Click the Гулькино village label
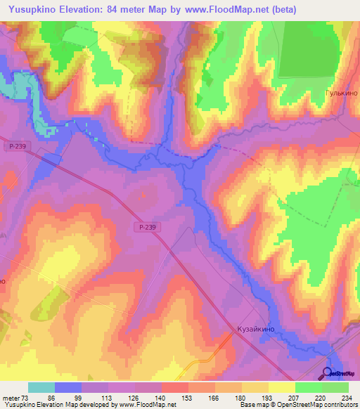pyautogui.click(x=341, y=93)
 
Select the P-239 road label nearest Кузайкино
pyautogui.click(x=147, y=226)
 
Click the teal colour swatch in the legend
pyautogui.click(x=41, y=387)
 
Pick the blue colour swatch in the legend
pyautogui.click(x=68, y=387)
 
